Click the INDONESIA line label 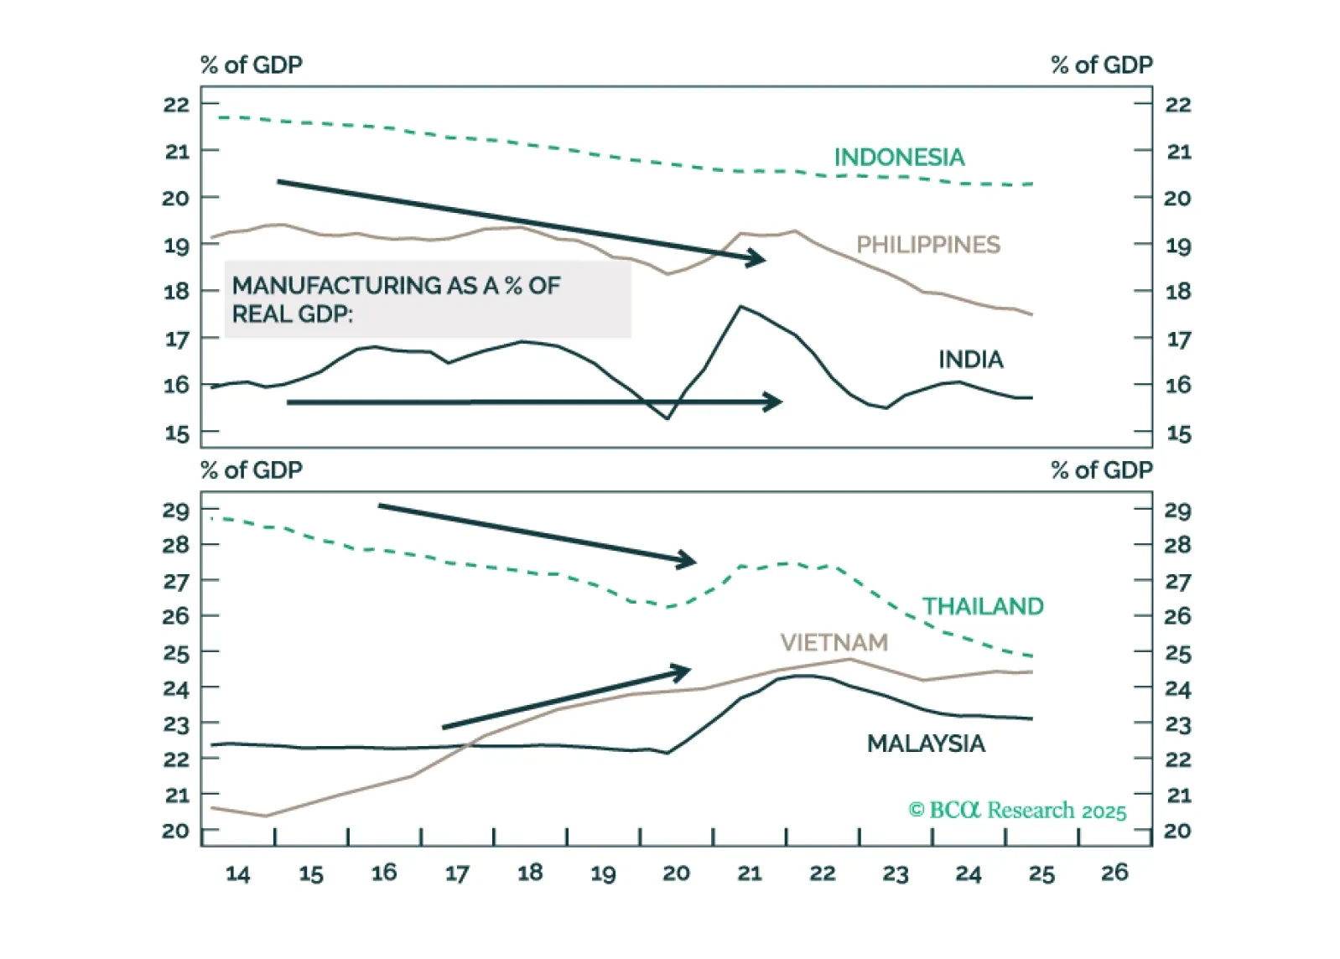(898, 158)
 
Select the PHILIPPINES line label (927, 245)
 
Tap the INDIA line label (970, 360)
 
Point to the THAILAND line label (983, 606)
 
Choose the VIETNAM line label (834, 642)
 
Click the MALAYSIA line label (926, 744)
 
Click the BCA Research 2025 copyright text (1017, 811)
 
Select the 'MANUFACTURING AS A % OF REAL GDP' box (428, 299)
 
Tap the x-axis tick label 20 (676, 873)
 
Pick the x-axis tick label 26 (1114, 873)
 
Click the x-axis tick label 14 (238, 874)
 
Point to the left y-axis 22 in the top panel (177, 105)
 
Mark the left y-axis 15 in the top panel (177, 434)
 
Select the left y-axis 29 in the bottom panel (176, 511)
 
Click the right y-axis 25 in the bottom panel (1177, 654)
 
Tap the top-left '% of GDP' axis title (251, 65)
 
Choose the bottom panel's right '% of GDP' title (1101, 470)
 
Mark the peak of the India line (740, 307)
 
